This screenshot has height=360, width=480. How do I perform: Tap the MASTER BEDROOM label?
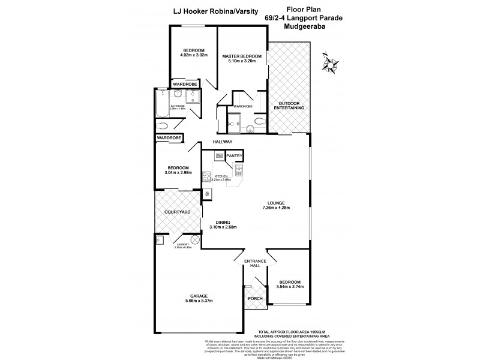[242, 56]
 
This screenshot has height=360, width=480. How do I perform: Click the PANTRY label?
[234, 155]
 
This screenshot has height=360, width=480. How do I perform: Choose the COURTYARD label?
[178, 212]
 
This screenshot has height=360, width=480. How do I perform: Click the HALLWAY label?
[222, 142]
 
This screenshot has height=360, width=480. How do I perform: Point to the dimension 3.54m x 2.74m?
[290, 287]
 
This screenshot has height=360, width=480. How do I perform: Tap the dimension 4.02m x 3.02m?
[193, 55]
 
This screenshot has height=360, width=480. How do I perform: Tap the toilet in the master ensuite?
[259, 121]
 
